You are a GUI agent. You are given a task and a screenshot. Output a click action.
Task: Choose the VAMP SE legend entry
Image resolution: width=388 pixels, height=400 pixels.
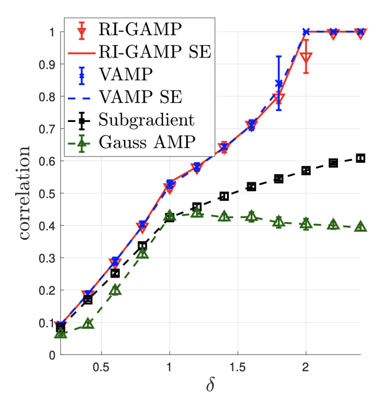pos(140,97)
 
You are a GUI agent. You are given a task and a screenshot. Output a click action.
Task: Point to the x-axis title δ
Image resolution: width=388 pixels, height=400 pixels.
pos(211,384)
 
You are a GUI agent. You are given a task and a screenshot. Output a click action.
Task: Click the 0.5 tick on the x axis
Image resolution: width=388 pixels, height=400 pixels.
pos(102,368)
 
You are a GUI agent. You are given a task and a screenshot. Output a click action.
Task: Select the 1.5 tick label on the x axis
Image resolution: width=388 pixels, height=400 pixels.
pos(238,368)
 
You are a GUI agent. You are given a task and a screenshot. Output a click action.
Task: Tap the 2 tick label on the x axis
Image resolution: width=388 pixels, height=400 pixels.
pos(306,368)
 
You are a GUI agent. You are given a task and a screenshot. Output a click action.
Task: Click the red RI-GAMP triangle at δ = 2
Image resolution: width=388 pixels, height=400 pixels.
pos(306,57)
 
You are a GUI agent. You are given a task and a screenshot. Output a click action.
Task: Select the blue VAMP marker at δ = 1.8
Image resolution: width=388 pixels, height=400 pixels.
pos(279,84)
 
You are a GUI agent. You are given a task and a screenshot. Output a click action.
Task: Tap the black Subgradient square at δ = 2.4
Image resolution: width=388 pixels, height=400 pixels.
pos(360,158)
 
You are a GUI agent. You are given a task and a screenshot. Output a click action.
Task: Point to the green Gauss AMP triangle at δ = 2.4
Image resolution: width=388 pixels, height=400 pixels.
pos(360,227)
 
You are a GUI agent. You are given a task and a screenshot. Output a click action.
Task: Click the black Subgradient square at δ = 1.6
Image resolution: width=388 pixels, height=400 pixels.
pos(251,187)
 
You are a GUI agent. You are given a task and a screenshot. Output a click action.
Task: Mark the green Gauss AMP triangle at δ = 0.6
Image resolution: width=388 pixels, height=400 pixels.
pos(115,290)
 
